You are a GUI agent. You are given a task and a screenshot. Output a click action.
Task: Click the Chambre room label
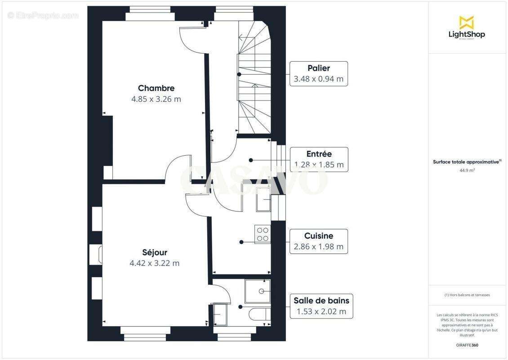click(156, 88)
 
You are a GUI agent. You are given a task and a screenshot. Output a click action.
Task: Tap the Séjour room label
click(154, 252)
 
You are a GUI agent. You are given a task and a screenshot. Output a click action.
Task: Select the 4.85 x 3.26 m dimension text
click(156, 99)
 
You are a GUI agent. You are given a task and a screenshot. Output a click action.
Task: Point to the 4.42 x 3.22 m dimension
click(154, 263)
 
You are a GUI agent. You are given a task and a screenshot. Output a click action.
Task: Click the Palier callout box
click(318, 73)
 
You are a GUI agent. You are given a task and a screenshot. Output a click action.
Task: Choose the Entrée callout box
click(318, 159)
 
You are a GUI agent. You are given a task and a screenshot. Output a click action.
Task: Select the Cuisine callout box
click(318, 241)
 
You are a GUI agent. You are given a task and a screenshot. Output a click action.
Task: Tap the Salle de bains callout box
click(321, 306)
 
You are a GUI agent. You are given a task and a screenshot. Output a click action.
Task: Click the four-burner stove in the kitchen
click(263, 234)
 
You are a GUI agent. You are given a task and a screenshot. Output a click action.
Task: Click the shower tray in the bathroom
click(258, 291)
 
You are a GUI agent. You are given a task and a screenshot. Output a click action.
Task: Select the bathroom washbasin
click(220, 314)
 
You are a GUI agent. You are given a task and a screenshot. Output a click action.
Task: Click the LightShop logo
click(467, 27)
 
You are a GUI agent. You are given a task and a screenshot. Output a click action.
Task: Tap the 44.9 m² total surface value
click(467, 171)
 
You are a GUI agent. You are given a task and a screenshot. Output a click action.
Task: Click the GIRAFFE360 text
click(467, 345)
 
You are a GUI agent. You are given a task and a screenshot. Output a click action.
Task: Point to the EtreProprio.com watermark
click(43, 15)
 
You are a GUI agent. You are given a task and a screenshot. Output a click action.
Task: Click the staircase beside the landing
click(254, 76)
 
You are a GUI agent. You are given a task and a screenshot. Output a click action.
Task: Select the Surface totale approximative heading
click(467, 162)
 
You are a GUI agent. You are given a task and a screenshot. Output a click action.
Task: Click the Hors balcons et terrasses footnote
click(467, 295)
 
